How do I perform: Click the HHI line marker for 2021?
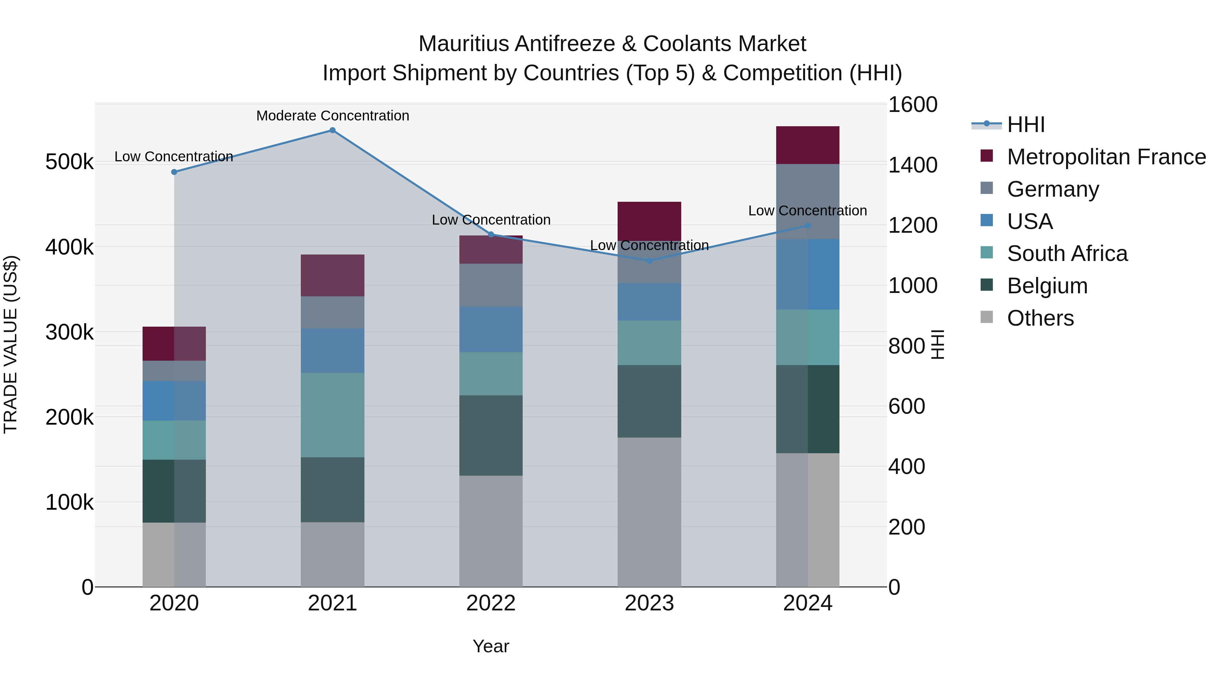(332, 130)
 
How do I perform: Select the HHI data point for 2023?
(650, 261)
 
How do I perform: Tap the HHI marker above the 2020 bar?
(174, 172)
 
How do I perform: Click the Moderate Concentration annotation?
(332, 116)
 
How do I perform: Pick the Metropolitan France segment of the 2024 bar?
(807, 145)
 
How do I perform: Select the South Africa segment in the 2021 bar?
(332, 415)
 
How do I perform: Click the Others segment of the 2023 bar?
(649, 512)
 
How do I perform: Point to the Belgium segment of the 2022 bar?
(491, 435)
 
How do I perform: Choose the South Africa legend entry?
(1067, 253)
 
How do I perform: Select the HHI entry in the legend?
(1026, 125)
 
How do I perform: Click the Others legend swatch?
(987, 317)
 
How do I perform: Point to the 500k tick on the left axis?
(69, 162)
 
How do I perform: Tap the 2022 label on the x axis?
(491, 603)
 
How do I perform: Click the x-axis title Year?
(491, 646)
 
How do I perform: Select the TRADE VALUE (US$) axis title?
(11, 344)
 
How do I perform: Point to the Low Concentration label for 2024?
(807, 211)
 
